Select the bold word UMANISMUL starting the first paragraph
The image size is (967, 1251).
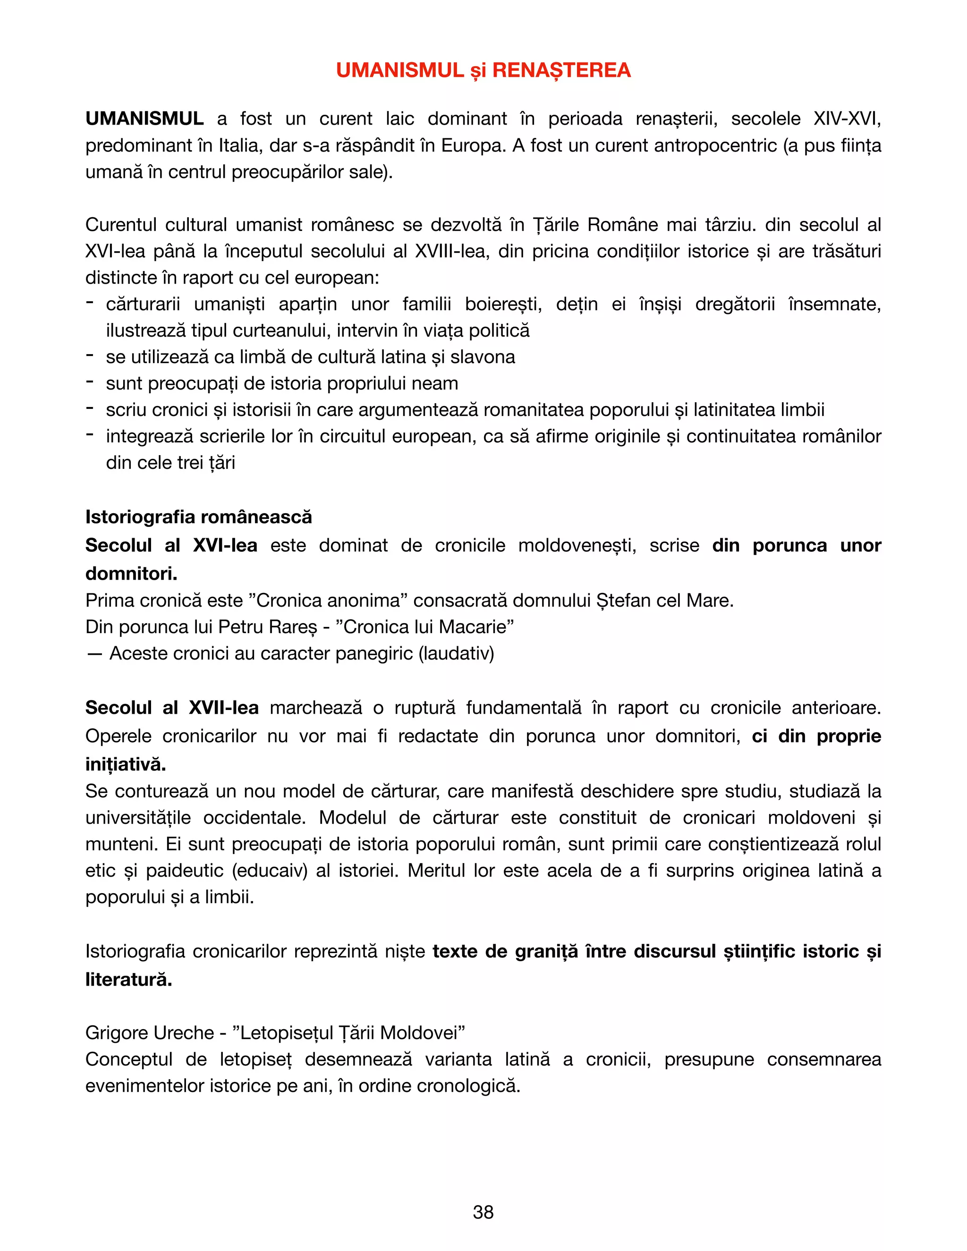(144, 118)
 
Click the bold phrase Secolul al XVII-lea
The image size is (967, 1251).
(172, 708)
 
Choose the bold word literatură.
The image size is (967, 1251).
(128, 980)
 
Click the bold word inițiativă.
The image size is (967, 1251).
(126, 764)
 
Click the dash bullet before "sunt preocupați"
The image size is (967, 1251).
(89, 381)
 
